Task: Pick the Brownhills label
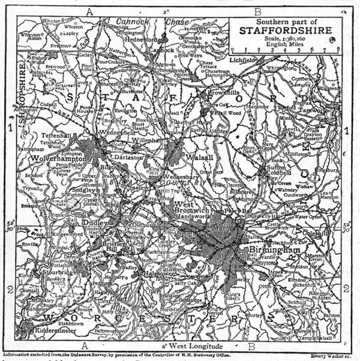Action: [223, 94]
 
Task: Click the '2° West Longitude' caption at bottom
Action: [190, 347]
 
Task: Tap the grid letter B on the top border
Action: [257, 11]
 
